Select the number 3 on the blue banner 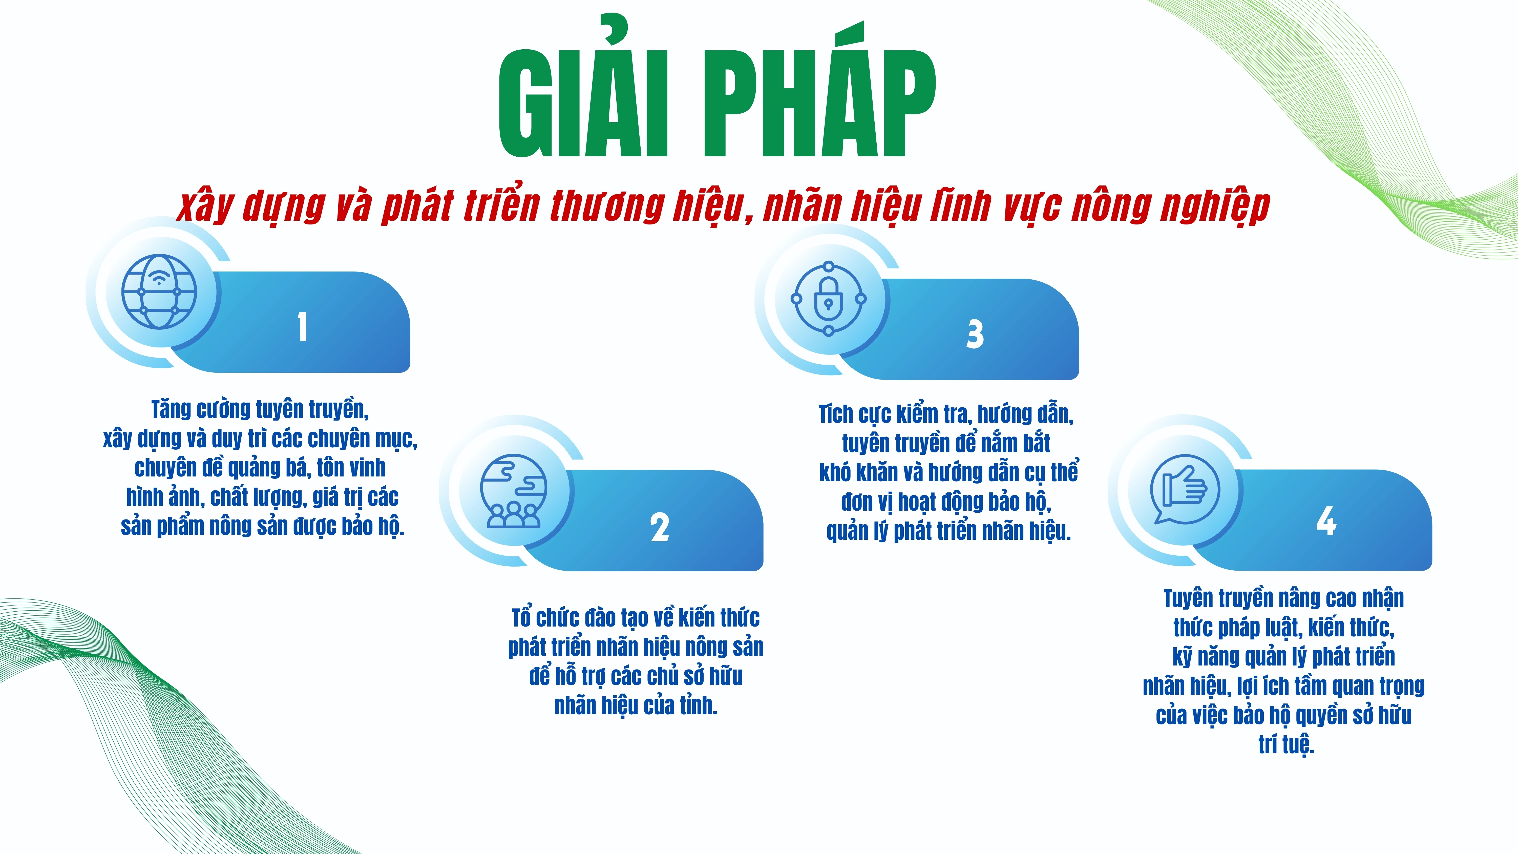click(975, 334)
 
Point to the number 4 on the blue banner click(1326, 521)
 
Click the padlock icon click(829, 299)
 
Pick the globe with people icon click(513, 490)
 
